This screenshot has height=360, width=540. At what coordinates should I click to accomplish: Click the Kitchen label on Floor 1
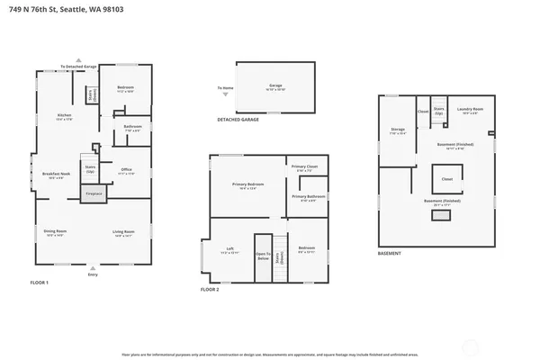click(x=64, y=116)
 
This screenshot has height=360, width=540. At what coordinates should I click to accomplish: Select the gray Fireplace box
click(x=94, y=193)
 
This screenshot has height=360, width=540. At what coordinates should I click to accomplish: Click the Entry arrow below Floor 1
click(x=93, y=270)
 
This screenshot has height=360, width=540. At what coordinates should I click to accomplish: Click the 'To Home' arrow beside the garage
click(x=226, y=88)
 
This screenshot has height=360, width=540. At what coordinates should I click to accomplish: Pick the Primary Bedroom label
click(x=247, y=185)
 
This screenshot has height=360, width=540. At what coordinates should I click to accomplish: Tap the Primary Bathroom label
click(x=308, y=197)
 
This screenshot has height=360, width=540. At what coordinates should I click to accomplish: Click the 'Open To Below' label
click(x=263, y=255)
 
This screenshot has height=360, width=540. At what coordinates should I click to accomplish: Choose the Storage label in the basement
click(x=398, y=130)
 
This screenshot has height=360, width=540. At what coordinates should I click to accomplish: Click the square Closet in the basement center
click(x=446, y=180)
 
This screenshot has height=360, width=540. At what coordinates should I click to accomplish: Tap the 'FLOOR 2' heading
click(x=210, y=290)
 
